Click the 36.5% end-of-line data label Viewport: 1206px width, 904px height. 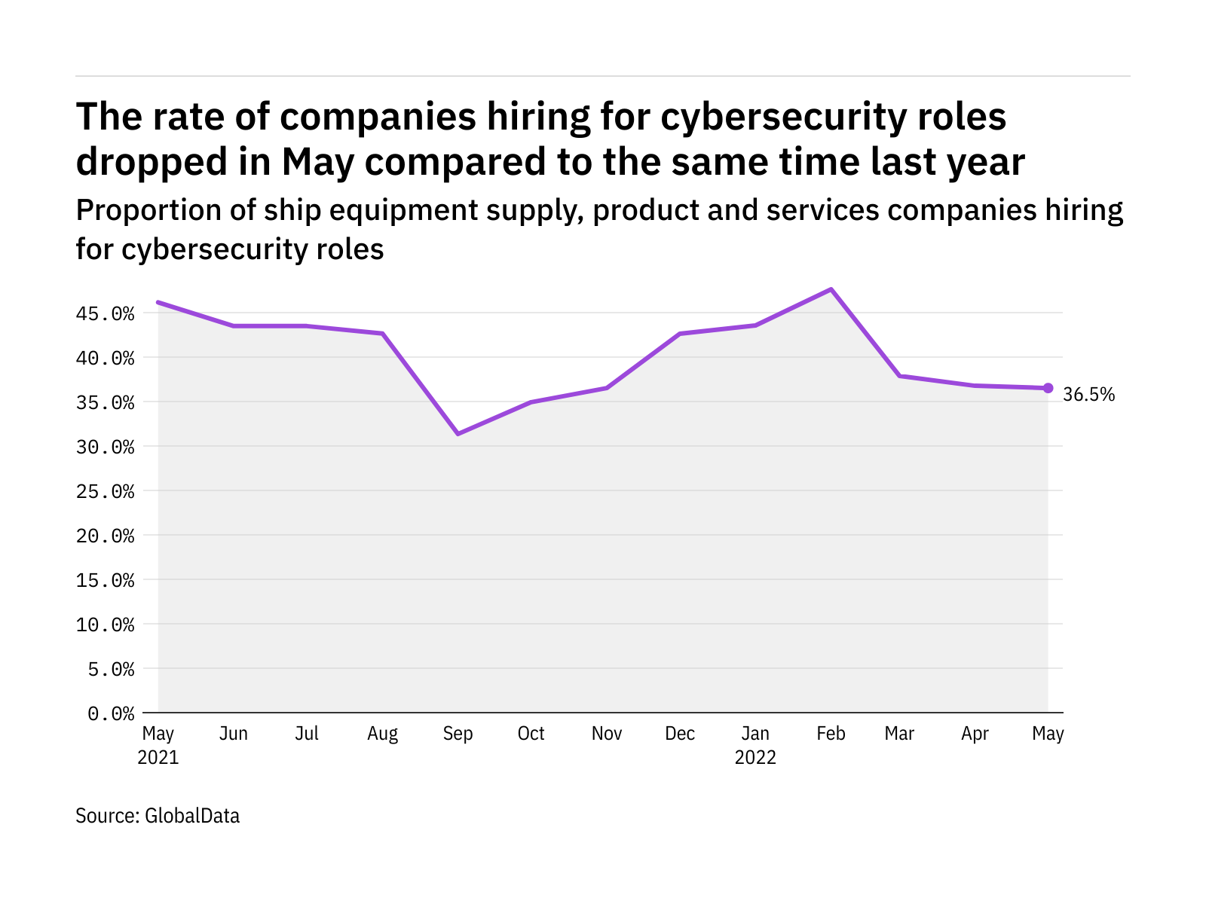click(x=1088, y=395)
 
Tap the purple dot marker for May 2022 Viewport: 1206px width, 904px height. click(x=1048, y=388)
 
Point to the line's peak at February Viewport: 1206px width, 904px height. click(x=831, y=289)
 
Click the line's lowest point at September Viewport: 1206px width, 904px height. click(x=458, y=434)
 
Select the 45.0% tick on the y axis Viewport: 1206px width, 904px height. click(x=106, y=313)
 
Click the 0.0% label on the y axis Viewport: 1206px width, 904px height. click(x=112, y=713)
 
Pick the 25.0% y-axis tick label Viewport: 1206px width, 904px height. click(x=106, y=491)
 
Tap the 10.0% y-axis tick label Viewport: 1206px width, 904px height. click(x=106, y=625)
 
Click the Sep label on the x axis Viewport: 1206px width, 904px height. click(x=458, y=734)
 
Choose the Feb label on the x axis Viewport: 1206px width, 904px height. click(x=831, y=734)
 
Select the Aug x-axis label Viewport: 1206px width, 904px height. click(x=382, y=734)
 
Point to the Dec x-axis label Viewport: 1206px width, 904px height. click(x=680, y=734)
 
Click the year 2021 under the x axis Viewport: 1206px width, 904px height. click(x=158, y=757)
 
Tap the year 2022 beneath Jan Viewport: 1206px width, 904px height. click(x=755, y=757)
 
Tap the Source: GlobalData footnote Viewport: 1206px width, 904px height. click(x=158, y=816)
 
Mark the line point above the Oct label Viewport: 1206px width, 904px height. click(x=531, y=402)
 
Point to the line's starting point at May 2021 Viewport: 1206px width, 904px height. click(x=158, y=302)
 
